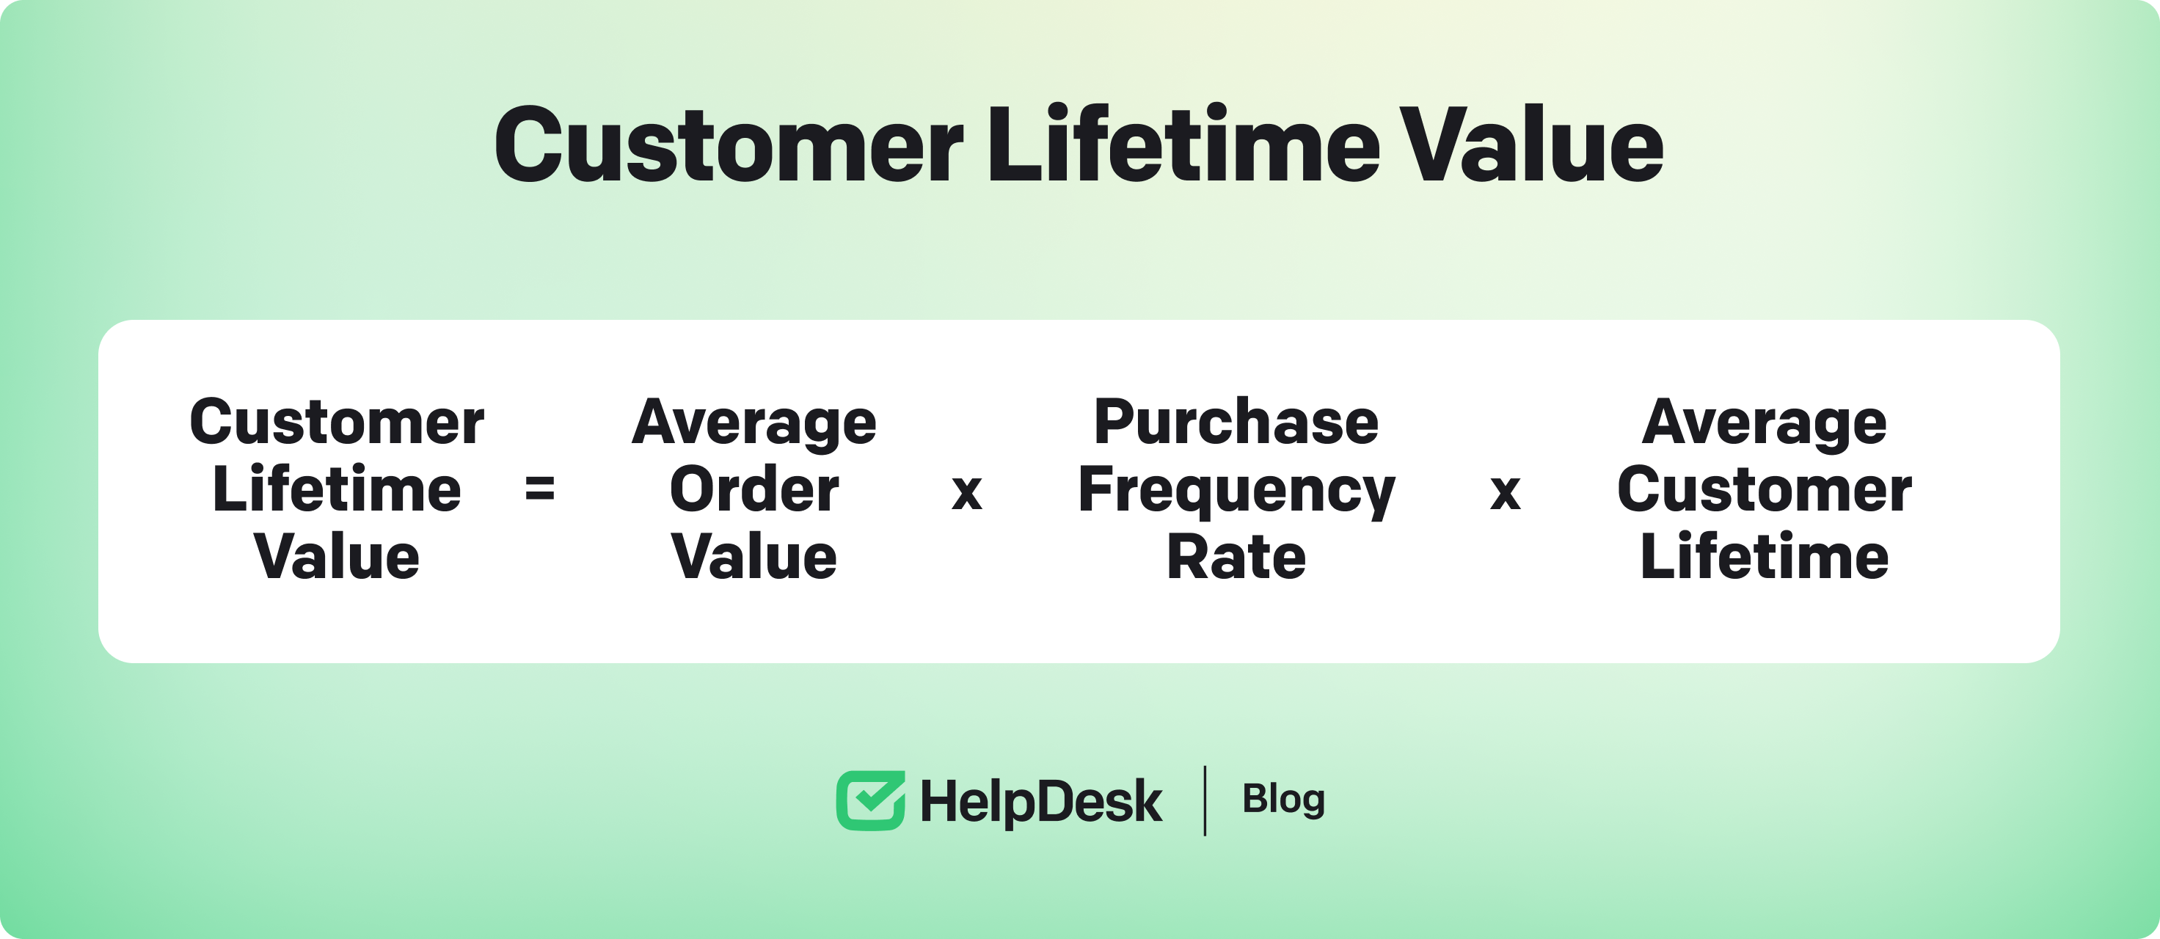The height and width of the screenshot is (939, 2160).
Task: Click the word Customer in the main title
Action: point(729,145)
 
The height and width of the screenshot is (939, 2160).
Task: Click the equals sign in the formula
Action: point(539,488)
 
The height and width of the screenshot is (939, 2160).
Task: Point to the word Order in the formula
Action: point(754,489)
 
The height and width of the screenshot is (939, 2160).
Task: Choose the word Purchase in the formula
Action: point(1236,421)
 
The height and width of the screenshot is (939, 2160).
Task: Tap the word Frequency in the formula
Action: point(1236,492)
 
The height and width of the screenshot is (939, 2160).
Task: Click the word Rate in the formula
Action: point(1236,557)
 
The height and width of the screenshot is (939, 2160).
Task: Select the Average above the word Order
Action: point(754,424)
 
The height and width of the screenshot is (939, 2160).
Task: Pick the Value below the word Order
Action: point(754,557)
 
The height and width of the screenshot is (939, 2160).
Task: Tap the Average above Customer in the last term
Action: point(1765,424)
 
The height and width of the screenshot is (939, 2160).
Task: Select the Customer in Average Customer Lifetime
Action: point(1765,489)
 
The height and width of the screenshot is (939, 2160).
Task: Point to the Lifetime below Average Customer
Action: point(1765,556)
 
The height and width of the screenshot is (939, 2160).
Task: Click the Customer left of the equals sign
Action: point(336,421)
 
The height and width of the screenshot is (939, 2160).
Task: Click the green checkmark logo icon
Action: point(870,800)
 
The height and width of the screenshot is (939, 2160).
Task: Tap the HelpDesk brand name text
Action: point(1041,802)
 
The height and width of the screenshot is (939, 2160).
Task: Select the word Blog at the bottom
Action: point(1283,800)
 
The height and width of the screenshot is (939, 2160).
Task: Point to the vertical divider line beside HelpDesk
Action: point(1205,800)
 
